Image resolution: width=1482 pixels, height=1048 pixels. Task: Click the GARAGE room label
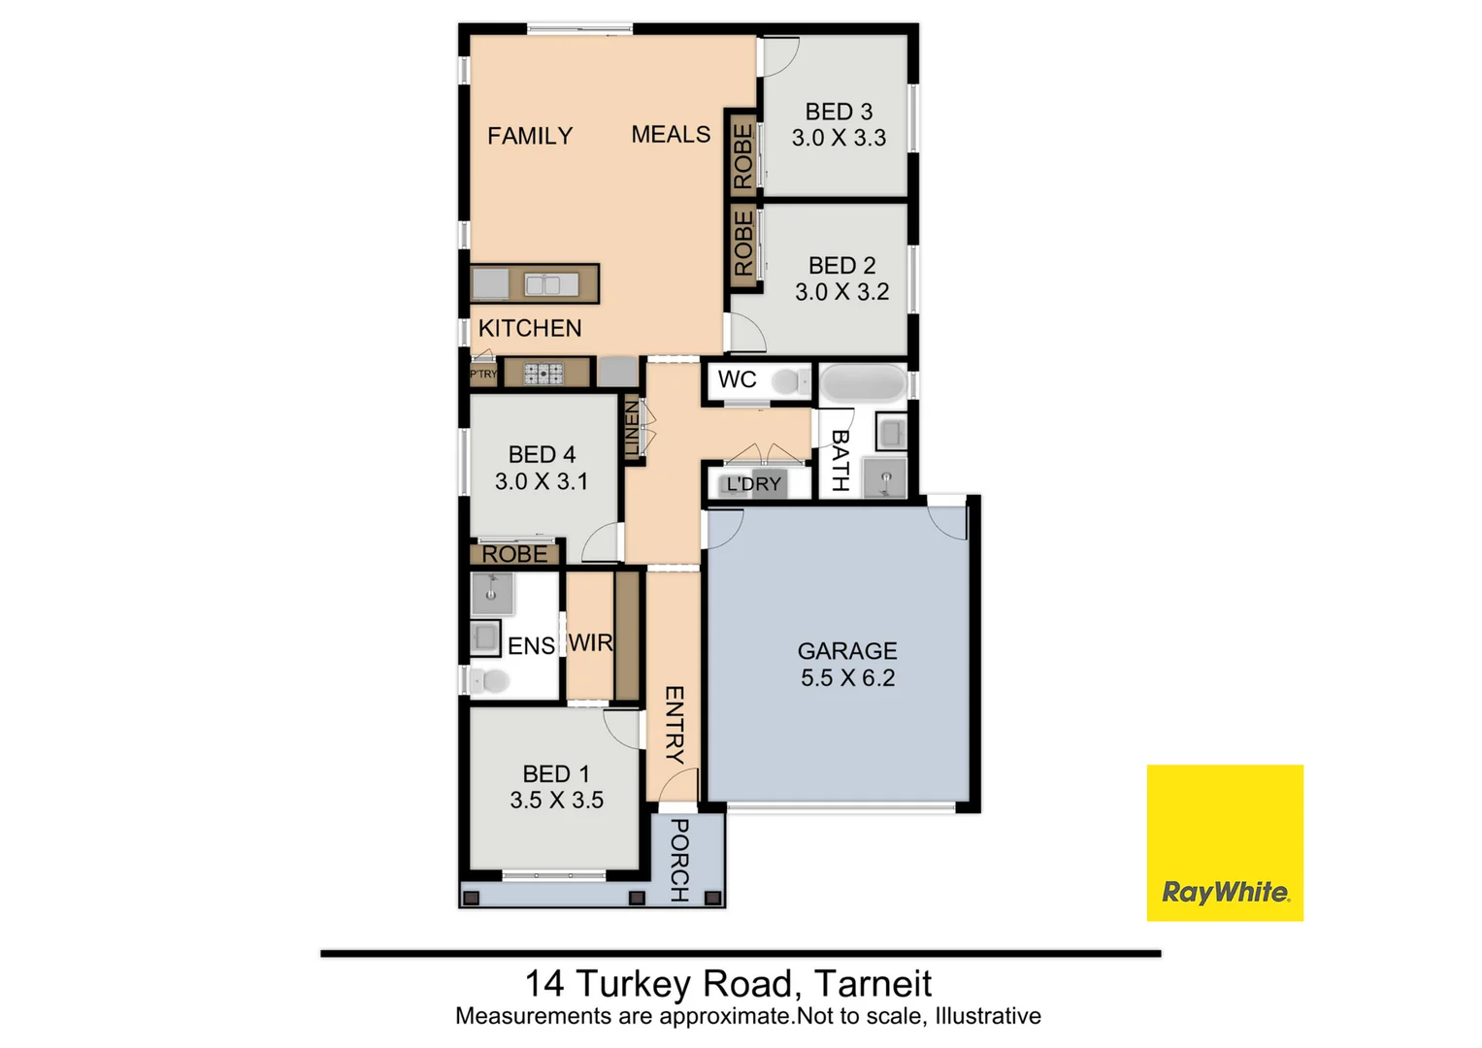846,651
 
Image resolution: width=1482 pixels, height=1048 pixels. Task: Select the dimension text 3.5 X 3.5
556,801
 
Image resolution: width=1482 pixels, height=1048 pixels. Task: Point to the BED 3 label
839,113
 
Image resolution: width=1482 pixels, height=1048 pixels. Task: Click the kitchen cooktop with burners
543,374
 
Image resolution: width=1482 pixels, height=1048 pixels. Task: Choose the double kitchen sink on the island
550,284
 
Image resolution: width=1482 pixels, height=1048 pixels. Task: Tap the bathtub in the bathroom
862,383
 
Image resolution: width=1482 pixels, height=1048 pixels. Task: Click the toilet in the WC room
791,381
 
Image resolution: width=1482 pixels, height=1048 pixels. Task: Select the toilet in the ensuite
491,681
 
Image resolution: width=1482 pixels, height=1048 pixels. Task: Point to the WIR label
590,642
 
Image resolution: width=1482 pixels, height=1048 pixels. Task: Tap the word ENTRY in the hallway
675,724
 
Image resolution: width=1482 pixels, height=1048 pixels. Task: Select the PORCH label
679,860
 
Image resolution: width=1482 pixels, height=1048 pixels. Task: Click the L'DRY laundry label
754,484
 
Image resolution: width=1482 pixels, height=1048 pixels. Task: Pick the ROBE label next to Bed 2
743,244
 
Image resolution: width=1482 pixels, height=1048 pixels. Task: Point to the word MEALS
671,135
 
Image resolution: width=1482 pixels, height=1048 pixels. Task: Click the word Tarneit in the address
873,984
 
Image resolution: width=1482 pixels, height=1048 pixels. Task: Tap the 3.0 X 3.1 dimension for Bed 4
542,481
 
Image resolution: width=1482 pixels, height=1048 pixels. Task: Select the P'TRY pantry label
483,374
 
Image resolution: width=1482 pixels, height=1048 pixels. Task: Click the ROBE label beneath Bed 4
514,554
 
